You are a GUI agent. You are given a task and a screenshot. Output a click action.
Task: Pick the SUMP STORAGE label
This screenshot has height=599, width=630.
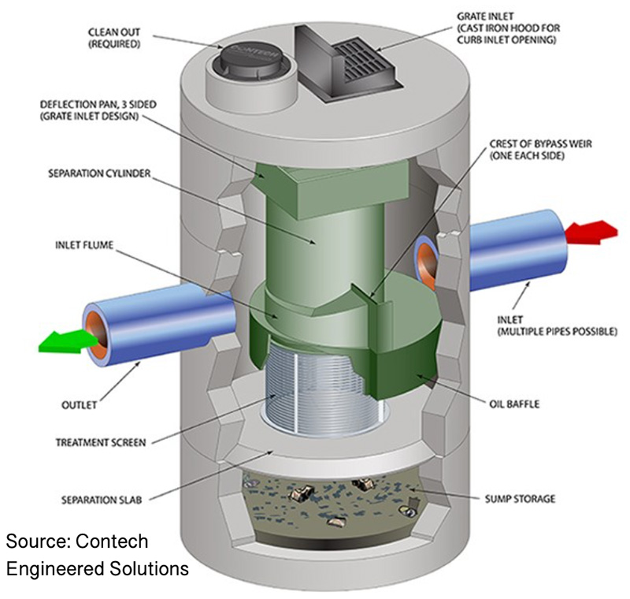(519, 498)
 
